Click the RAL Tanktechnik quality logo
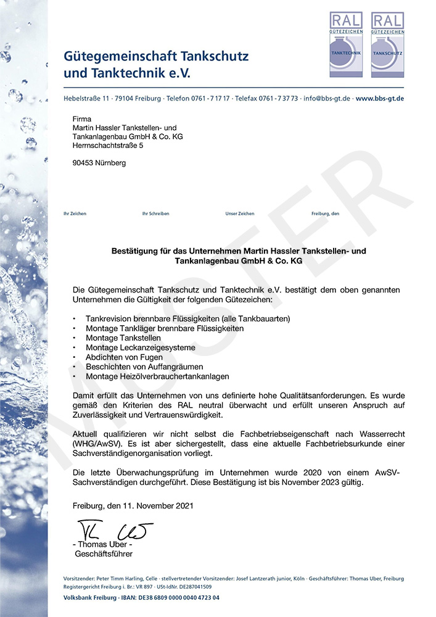point(346,44)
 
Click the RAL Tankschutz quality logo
point(387,44)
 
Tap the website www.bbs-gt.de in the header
point(380,99)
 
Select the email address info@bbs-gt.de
point(327,99)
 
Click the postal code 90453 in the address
point(83,163)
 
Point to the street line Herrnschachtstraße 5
point(107,145)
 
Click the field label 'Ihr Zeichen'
point(75,213)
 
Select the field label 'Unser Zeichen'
point(240,213)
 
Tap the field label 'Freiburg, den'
point(326,213)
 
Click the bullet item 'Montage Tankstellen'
point(123,338)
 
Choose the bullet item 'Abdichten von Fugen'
point(124,357)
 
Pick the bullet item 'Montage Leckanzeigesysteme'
point(141,347)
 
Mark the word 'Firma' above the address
point(82,118)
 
